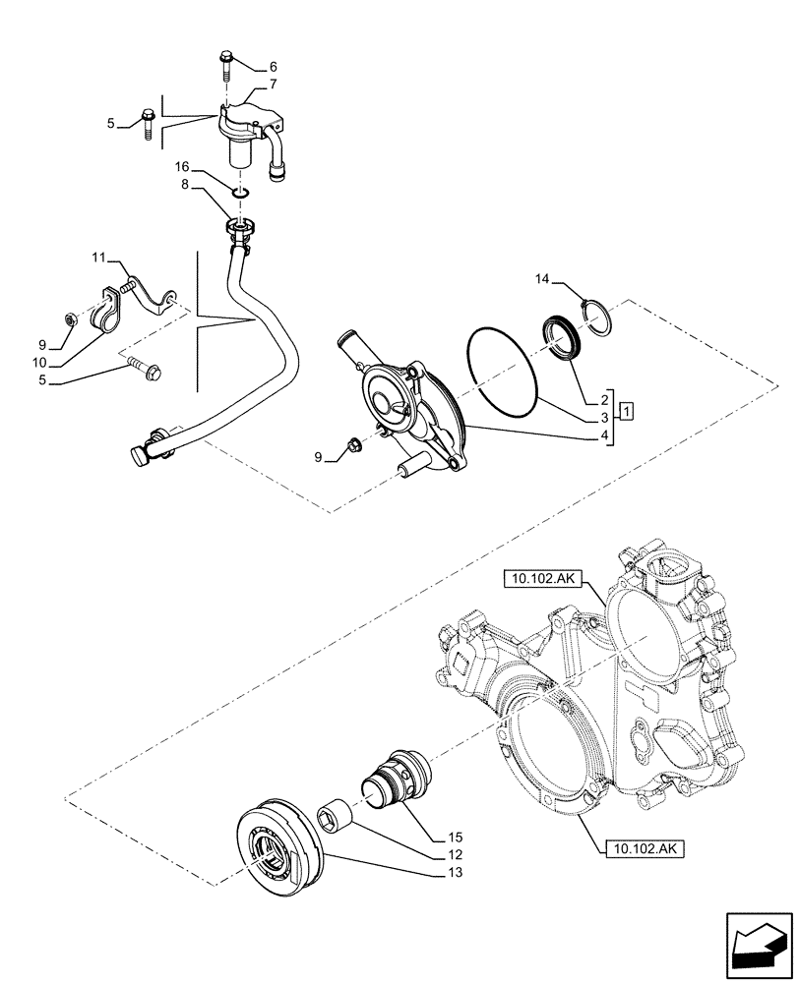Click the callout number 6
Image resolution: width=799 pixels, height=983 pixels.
(273, 67)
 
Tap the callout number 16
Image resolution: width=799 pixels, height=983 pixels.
(183, 168)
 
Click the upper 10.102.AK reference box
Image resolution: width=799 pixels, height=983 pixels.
(543, 580)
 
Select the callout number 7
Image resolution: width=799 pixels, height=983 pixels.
(273, 86)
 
